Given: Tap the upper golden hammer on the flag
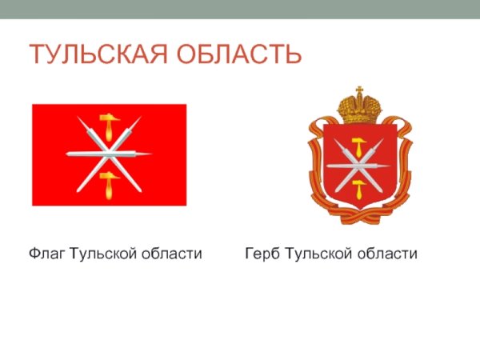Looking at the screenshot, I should [x=108, y=126].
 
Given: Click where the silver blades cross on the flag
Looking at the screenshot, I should [x=109, y=154].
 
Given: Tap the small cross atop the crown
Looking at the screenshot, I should [x=359, y=89].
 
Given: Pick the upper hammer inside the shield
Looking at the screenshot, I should [x=360, y=146].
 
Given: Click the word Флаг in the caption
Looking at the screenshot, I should [x=47, y=254].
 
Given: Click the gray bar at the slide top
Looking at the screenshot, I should [x=240, y=9].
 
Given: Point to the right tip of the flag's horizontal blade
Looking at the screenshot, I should [x=151, y=153].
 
